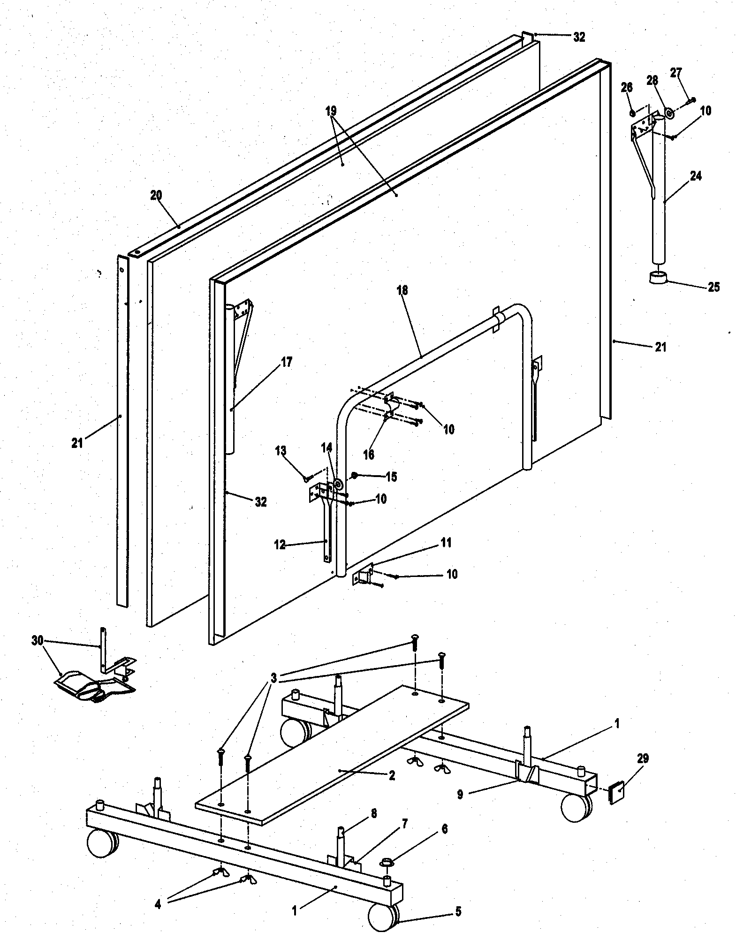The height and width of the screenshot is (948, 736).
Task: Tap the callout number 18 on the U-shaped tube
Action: click(402, 290)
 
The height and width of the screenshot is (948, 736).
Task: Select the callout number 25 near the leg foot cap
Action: click(713, 287)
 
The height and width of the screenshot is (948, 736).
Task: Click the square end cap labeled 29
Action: click(616, 791)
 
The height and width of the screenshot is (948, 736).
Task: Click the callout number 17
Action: click(287, 362)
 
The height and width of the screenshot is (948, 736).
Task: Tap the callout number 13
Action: click(281, 451)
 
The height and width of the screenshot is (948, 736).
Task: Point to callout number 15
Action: click(391, 477)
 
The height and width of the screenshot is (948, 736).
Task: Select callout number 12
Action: click(280, 545)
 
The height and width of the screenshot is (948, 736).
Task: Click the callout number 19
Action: click(331, 111)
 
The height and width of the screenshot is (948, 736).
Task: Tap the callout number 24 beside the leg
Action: click(696, 176)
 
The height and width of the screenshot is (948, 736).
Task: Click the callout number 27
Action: click(676, 73)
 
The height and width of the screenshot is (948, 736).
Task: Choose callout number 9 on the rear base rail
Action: click(460, 795)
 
